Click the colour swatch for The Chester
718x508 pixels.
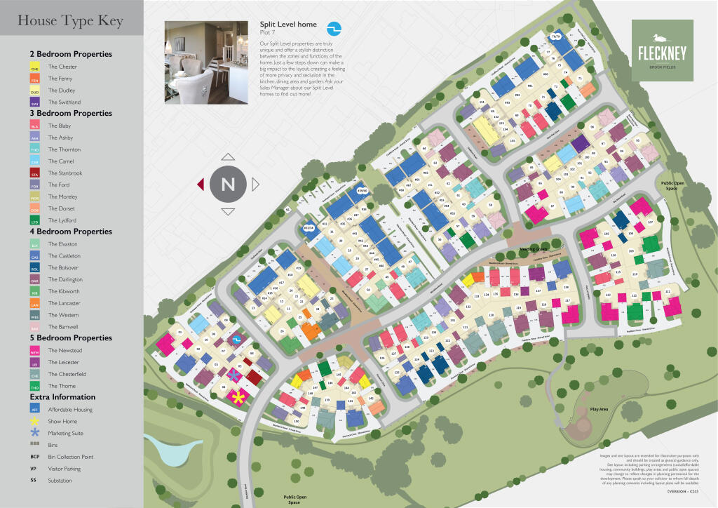tap(35, 67)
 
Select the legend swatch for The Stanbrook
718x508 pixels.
tap(35, 173)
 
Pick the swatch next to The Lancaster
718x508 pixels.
tap(35, 304)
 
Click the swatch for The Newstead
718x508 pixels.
tap(35, 351)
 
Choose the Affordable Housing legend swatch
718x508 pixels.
tap(35, 410)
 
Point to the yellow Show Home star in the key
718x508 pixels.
tap(35, 421)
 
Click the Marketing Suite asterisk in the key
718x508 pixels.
tap(35, 433)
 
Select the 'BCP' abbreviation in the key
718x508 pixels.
tap(34, 457)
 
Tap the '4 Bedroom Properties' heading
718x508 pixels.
tap(71, 232)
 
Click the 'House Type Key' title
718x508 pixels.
tap(70, 22)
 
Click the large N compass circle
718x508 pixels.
tap(228, 185)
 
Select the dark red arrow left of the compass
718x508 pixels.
tap(201, 185)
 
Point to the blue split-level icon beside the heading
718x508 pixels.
tap(334, 28)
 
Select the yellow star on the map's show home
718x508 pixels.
tap(238, 398)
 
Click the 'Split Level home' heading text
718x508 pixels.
tap(288, 25)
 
